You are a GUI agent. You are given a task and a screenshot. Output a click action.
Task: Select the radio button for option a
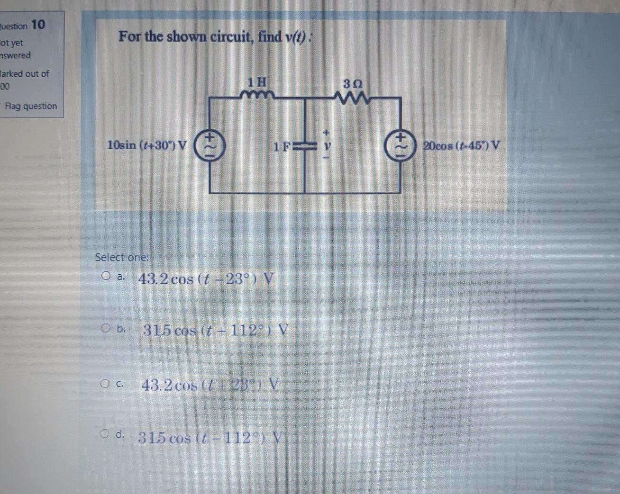point(106,275)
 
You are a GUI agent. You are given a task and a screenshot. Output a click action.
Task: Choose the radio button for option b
point(105,328)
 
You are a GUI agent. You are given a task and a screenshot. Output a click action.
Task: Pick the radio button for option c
point(105,383)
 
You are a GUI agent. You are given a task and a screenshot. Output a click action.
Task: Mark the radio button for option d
point(104,433)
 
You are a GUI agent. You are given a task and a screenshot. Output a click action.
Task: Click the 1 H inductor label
point(257,82)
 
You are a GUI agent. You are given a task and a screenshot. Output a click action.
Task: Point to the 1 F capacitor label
point(282,146)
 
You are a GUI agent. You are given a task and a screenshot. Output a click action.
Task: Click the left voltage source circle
point(210,145)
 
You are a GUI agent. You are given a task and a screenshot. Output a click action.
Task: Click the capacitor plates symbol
point(304,146)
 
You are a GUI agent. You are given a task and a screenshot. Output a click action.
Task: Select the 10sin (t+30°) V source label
point(147,145)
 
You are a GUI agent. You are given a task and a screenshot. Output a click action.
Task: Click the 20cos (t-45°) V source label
point(461,145)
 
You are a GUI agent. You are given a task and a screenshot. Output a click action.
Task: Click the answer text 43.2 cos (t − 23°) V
point(206,278)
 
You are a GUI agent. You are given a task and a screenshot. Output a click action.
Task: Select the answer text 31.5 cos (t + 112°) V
point(215,330)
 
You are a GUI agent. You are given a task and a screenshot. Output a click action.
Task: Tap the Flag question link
point(31,106)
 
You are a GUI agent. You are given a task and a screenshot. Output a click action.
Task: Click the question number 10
point(38,24)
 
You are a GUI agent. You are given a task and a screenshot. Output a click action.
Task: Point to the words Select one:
point(122,257)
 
